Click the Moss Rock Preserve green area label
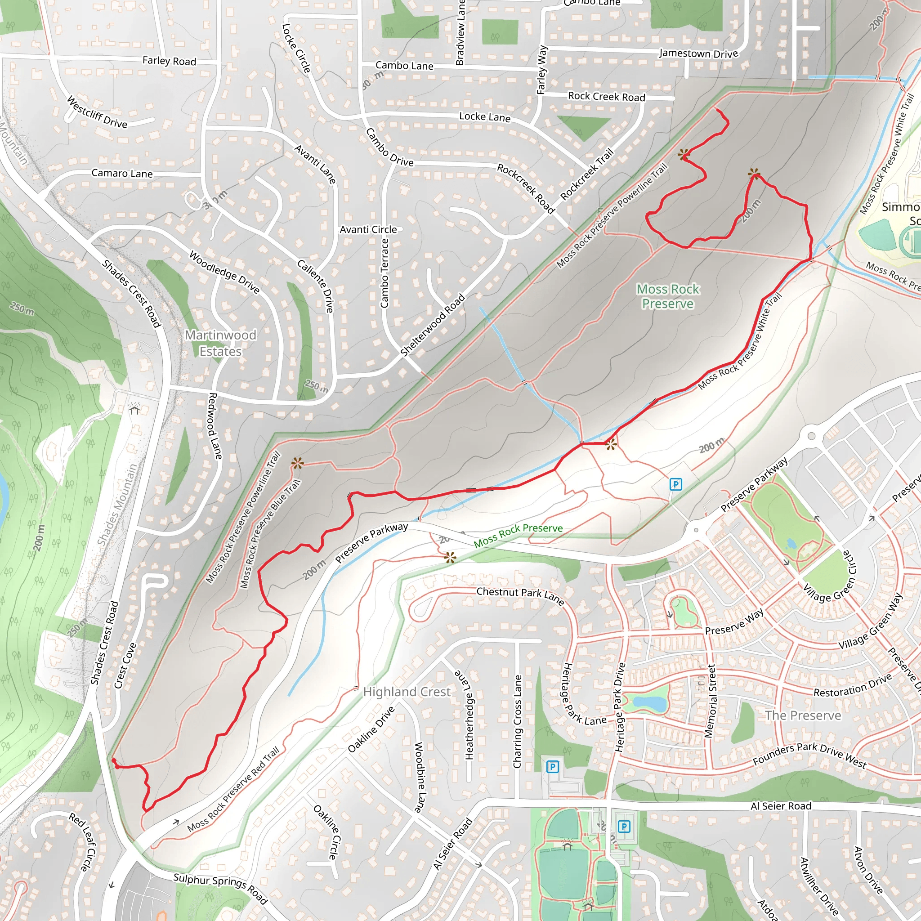tap(667, 296)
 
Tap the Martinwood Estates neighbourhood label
tap(220, 343)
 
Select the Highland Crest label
tap(407, 692)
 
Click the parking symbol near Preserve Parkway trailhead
tap(675, 484)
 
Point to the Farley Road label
tap(169, 61)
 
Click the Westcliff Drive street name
tap(97, 112)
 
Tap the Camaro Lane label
tap(122, 173)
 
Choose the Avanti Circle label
tap(368, 229)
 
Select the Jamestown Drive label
tap(698, 54)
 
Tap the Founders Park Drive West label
tap(809, 756)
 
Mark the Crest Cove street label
tap(125, 666)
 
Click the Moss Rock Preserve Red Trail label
tap(233, 790)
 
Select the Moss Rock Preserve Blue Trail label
tap(270, 534)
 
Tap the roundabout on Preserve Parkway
tap(811, 436)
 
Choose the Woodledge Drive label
tap(224, 272)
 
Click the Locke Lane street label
tap(484, 117)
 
